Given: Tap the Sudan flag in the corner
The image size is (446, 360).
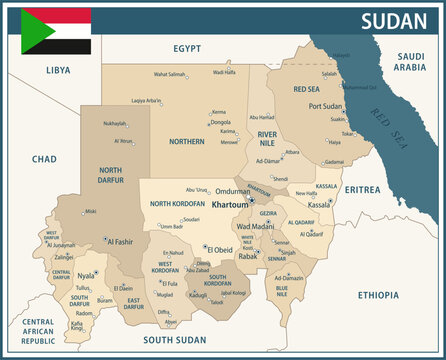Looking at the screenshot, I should point(56,31).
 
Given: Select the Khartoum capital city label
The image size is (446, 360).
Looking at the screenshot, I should point(230,204).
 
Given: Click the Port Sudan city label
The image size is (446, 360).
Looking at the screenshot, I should point(326,105).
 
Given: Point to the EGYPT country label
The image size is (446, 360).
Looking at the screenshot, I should point(187,48).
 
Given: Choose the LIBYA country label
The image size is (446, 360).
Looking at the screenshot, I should point(58,70).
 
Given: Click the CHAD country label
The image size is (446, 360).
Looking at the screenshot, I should point(44,159).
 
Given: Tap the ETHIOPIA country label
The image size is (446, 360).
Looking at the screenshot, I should point(377,295).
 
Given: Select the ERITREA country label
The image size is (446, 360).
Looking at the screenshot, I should point(362,189).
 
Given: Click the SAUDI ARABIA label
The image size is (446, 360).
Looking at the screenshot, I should point(410,62).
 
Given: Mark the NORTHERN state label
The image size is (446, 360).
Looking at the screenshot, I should point(186,142).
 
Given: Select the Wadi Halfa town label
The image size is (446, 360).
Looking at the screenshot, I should point(221,72).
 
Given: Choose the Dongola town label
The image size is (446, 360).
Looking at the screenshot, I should point(220,122).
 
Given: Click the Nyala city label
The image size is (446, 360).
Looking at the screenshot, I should point(86,274).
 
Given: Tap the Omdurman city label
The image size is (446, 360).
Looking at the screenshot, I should point(233,190).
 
